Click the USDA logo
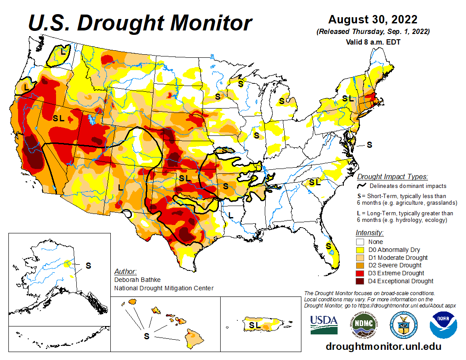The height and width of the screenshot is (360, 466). tap(323, 324)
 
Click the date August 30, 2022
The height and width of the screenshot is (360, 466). tap(373, 20)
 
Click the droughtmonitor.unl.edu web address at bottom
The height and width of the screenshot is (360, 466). tap(383, 346)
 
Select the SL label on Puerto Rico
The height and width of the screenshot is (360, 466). tap(255, 325)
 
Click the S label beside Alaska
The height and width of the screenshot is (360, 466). tap(88, 266)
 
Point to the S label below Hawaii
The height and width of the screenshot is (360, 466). tap(147, 336)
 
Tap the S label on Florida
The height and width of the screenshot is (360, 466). tap(328, 246)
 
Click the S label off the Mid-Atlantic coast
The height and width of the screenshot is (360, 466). tap(370, 144)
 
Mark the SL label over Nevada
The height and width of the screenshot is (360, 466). tap(59, 118)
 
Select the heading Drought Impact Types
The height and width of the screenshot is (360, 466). tap(392, 176)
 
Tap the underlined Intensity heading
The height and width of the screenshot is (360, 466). tap(369, 232)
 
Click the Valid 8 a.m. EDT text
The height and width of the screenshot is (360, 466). tap(373, 42)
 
